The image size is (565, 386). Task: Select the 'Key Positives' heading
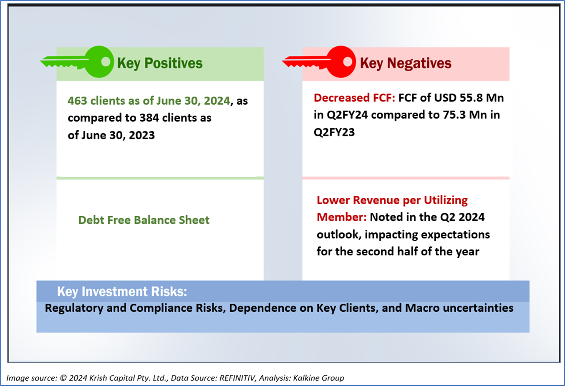click(160, 63)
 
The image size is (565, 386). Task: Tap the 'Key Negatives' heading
click(406, 63)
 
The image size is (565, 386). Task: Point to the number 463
click(78, 101)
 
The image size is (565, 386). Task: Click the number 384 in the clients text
click(149, 118)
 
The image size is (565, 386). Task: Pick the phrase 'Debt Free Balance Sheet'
click(144, 220)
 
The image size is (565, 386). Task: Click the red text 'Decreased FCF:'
click(354, 98)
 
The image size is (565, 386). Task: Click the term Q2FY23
click(334, 132)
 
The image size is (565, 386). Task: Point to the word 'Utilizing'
click(446, 200)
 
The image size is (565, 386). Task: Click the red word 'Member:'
click(341, 217)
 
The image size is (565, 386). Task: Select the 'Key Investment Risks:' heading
click(122, 292)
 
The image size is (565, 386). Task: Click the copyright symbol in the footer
click(63, 378)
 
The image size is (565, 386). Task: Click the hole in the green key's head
click(106, 62)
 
